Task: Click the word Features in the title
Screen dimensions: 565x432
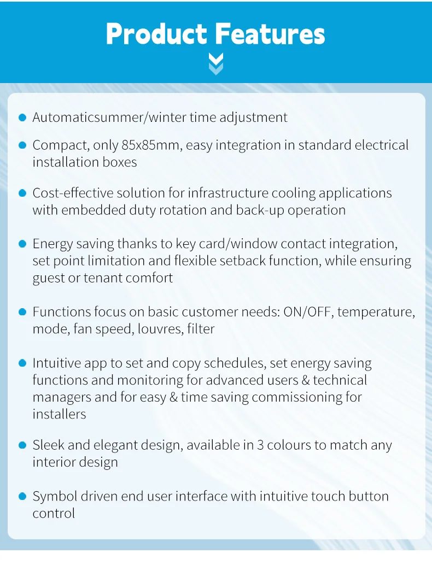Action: [x=270, y=34]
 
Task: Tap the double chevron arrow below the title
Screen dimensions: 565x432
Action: [x=216, y=64]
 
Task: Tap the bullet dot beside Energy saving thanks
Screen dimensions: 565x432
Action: [x=22, y=244]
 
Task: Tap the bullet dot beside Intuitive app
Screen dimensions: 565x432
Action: [x=22, y=363]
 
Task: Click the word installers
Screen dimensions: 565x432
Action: [x=59, y=414]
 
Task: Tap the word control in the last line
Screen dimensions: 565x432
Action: [x=54, y=513]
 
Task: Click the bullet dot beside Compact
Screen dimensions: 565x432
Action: [x=22, y=145]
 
